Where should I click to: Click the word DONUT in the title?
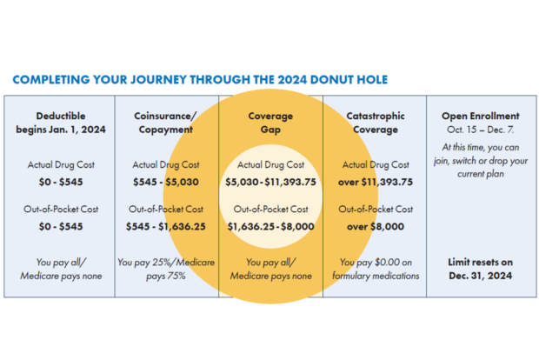click(331, 80)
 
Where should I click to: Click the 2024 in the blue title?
click(292, 80)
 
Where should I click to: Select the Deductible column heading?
click(61, 123)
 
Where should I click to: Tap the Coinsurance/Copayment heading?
click(166, 123)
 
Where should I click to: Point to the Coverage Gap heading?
click(270, 123)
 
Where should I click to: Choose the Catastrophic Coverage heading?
click(376, 123)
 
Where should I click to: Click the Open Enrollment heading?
click(481, 116)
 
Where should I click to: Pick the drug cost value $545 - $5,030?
click(166, 182)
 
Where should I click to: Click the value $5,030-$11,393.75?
click(270, 182)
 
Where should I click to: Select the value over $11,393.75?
click(376, 182)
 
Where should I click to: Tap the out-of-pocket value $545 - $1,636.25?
click(166, 227)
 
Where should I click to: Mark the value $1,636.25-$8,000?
click(270, 227)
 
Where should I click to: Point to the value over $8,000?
click(376, 227)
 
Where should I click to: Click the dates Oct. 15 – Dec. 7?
click(481, 130)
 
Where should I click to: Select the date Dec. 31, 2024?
click(481, 276)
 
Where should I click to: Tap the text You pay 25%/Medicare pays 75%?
click(166, 269)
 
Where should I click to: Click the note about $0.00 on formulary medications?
click(376, 269)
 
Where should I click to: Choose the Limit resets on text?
click(481, 263)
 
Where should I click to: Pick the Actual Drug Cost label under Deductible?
click(61, 164)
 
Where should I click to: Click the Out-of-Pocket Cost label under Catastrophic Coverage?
click(376, 209)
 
